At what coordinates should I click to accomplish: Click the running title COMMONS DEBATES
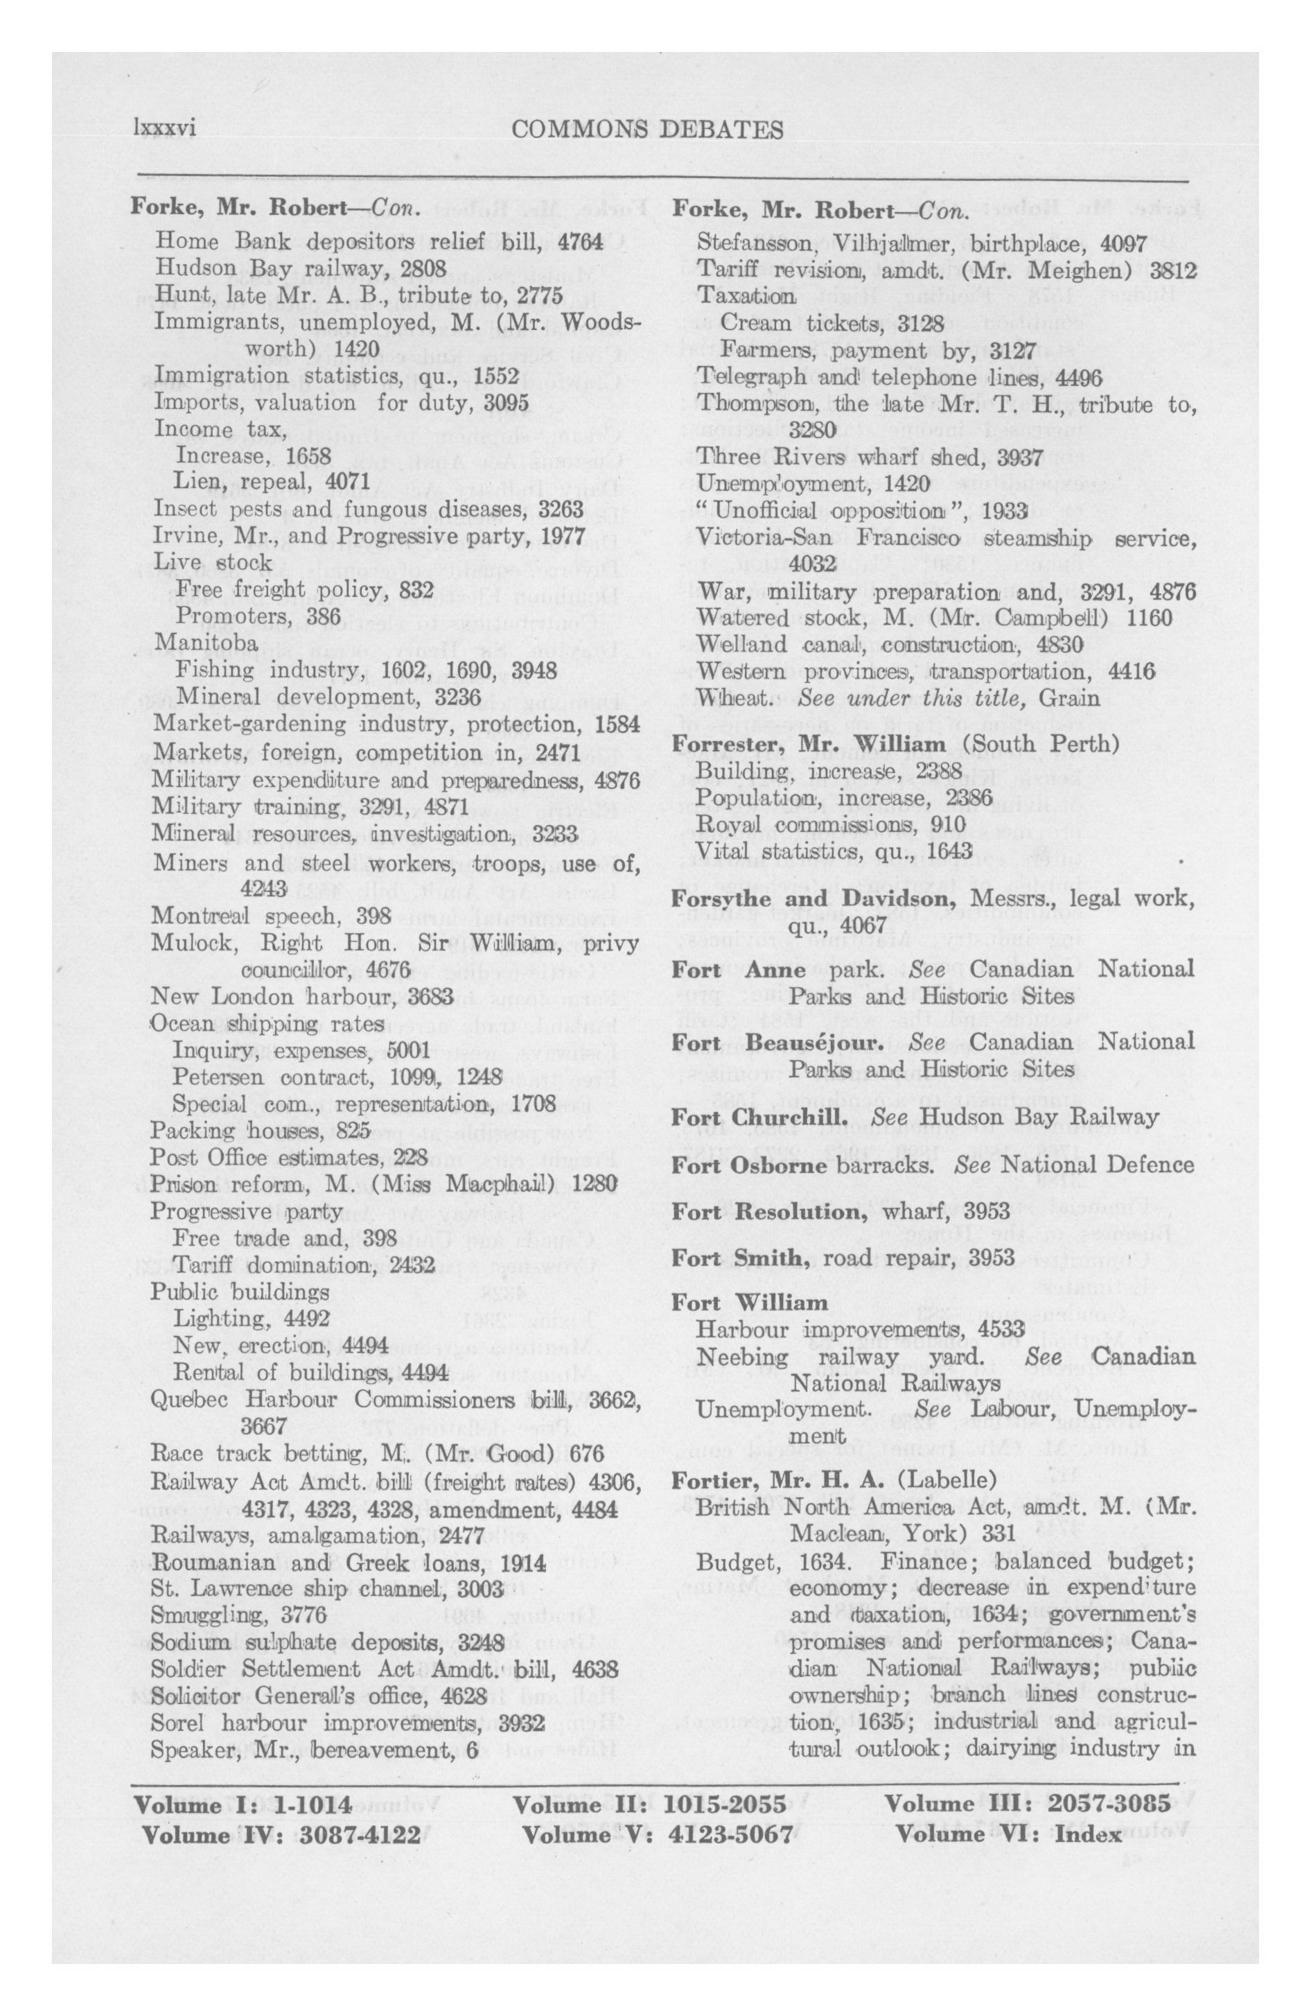pos(647,129)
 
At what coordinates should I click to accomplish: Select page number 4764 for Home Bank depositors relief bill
pos(580,241)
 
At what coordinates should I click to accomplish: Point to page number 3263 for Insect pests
pos(561,508)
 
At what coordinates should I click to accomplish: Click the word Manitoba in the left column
pos(205,643)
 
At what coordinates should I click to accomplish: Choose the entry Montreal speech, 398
pos(271,915)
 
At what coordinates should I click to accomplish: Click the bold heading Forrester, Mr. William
pos(808,745)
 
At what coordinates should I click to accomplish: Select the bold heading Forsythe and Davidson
pos(816,897)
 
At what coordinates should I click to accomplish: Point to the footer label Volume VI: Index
pos(1009,1835)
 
